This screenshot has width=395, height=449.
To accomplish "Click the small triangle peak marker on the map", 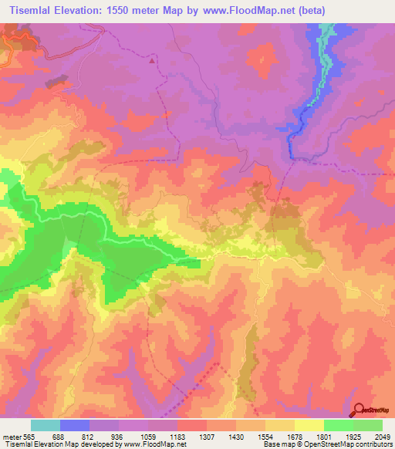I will (152, 59).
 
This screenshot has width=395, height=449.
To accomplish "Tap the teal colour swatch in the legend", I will (45, 425).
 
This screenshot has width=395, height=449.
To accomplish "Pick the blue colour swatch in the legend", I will (74, 425).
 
